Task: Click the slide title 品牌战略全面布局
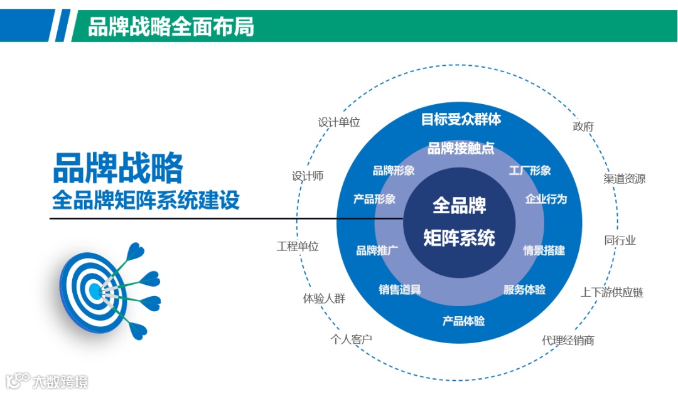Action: coord(171,26)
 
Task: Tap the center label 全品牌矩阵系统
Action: coord(459,221)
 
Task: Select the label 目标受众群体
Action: coord(461,119)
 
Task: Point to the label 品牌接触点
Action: coord(461,149)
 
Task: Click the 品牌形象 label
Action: coord(394,171)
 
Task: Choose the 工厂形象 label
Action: coord(529,171)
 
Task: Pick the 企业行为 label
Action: coord(546,199)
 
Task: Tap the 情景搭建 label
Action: coord(544,250)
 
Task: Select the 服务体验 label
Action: coord(524,289)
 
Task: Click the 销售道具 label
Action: coord(400,289)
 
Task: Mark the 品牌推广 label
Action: coord(377,250)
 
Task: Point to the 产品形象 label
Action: coord(374,199)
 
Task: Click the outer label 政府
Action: coord(583,126)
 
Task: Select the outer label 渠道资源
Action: coord(624,178)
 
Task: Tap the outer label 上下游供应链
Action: coord(611,292)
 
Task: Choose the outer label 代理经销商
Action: coord(568,340)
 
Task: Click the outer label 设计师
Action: coord(308,176)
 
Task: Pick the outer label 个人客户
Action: coord(352,339)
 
